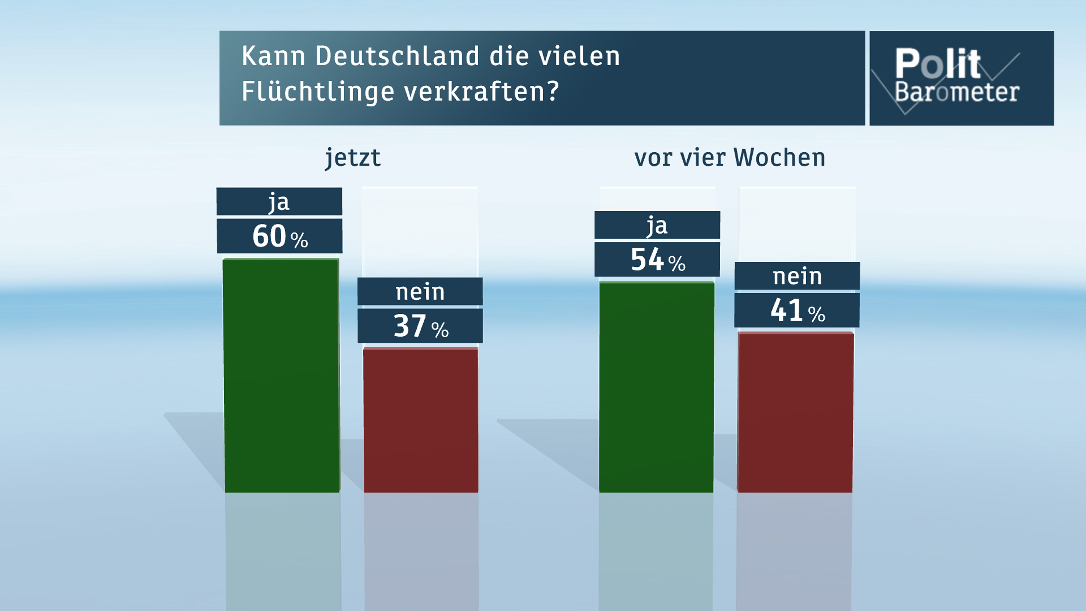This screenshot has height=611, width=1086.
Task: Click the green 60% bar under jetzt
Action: pyautogui.click(x=282, y=375)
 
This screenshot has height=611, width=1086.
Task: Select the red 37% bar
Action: pyautogui.click(x=421, y=420)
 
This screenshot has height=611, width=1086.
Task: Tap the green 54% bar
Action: pyautogui.click(x=656, y=387)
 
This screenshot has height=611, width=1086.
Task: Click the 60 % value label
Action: pyautogui.click(x=279, y=236)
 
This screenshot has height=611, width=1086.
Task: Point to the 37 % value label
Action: pyautogui.click(x=420, y=326)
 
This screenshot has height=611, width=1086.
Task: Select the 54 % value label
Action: pyautogui.click(x=657, y=259)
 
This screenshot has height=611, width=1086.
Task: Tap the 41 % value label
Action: pyautogui.click(x=797, y=310)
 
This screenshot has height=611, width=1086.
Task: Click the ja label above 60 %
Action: pyautogui.click(x=279, y=202)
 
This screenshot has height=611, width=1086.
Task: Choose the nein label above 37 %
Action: pyautogui.click(x=420, y=291)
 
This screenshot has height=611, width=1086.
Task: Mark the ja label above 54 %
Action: pyautogui.click(x=657, y=225)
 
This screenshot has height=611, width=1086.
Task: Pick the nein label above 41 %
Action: pyautogui.click(x=797, y=276)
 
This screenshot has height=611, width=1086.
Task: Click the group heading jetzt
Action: pyautogui.click(x=353, y=158)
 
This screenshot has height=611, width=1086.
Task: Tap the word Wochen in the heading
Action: pyautogui.click(x=779, y=158)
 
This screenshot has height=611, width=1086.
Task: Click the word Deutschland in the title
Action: pyautogui.click(x=397, y=56)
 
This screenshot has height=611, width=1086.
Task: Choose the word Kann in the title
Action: pyautogui.click(x=273, y=56)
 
